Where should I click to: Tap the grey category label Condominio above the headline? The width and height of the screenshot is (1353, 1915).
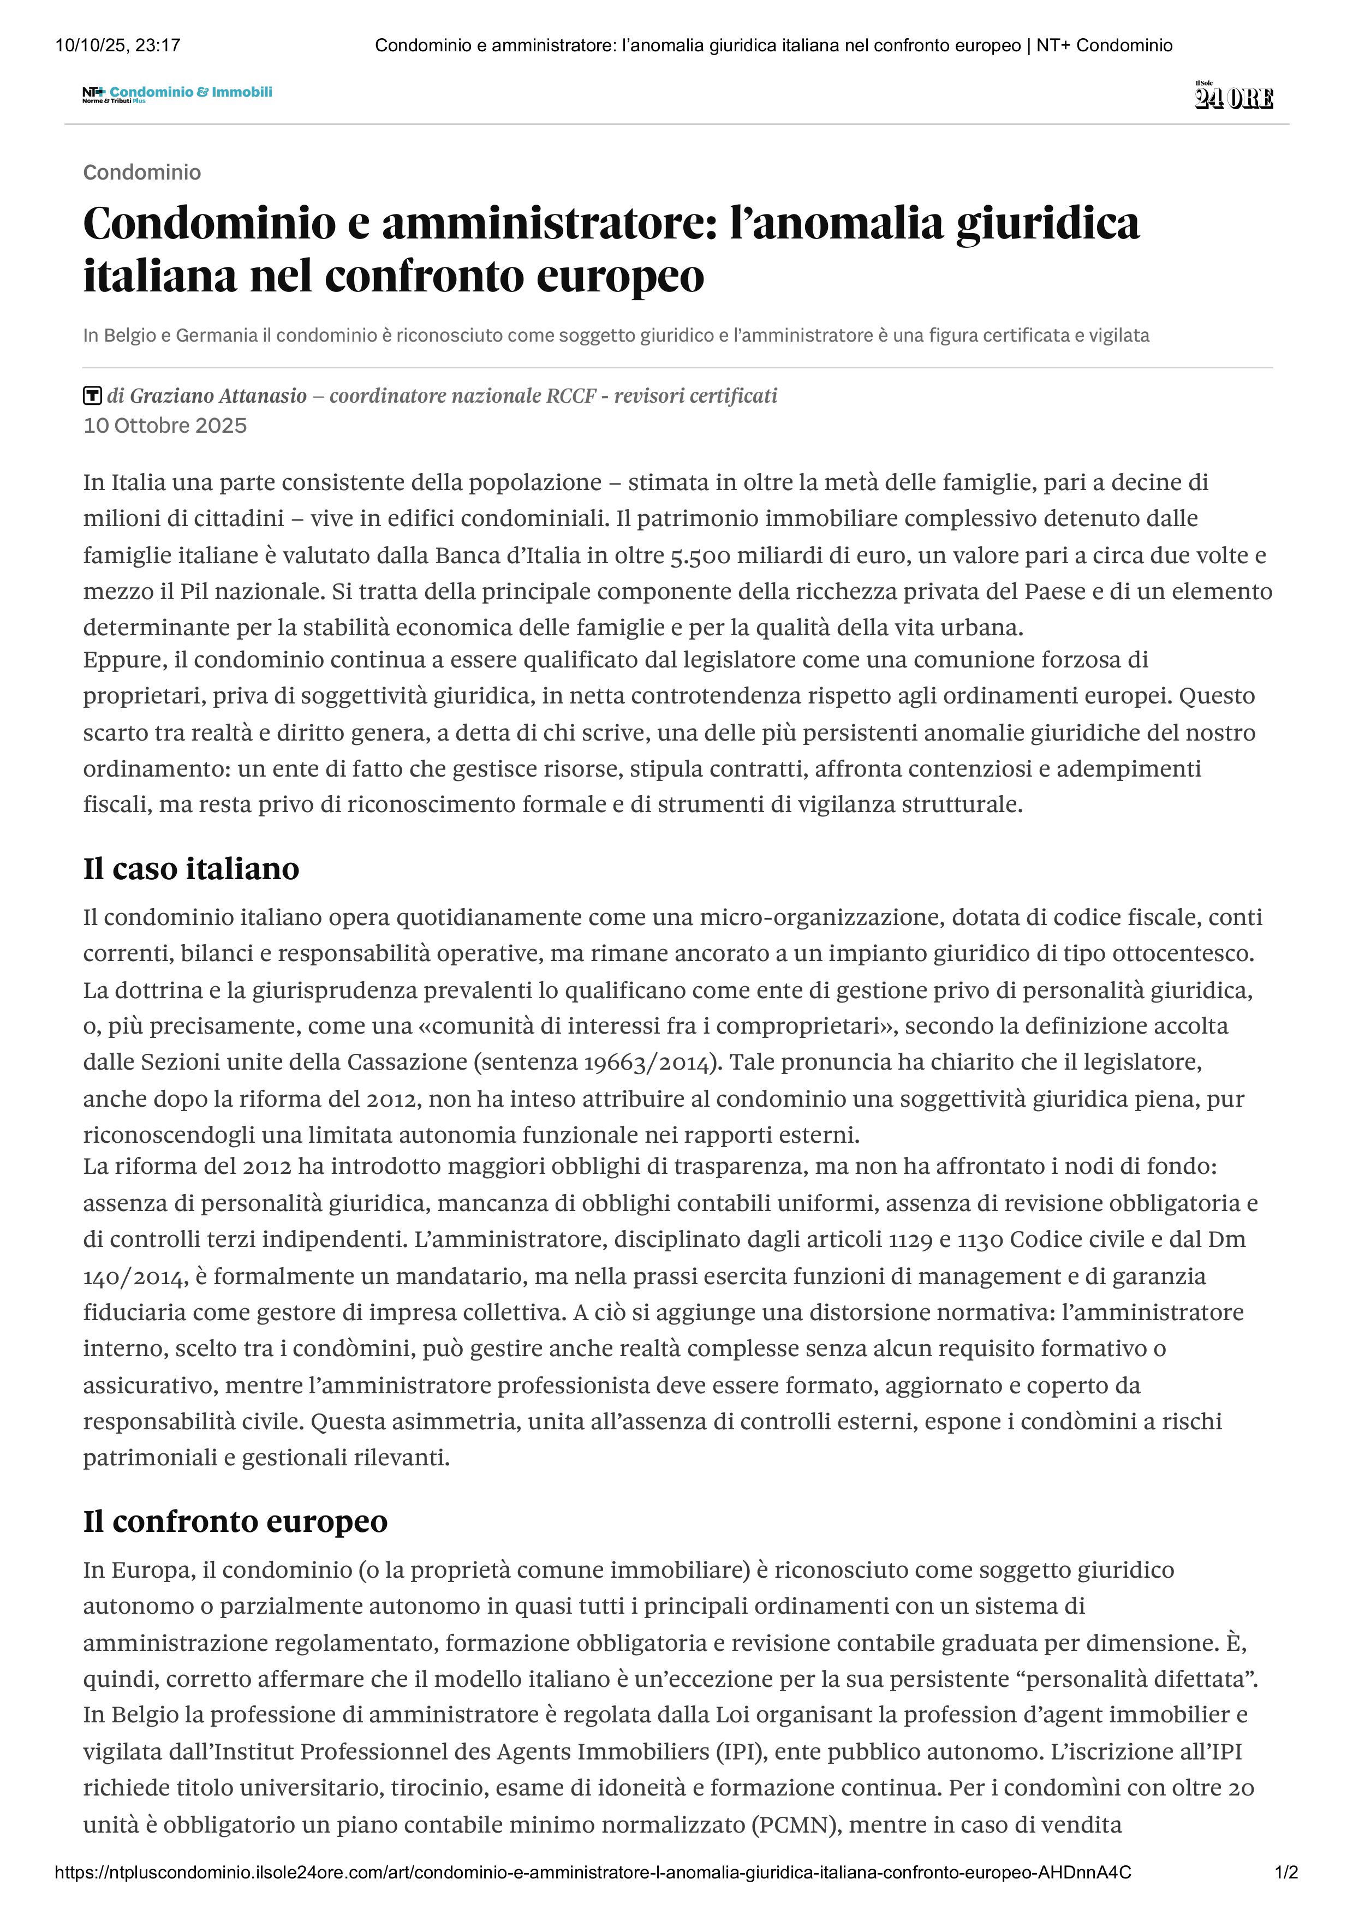142,172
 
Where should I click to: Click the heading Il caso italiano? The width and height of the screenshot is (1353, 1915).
191,868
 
